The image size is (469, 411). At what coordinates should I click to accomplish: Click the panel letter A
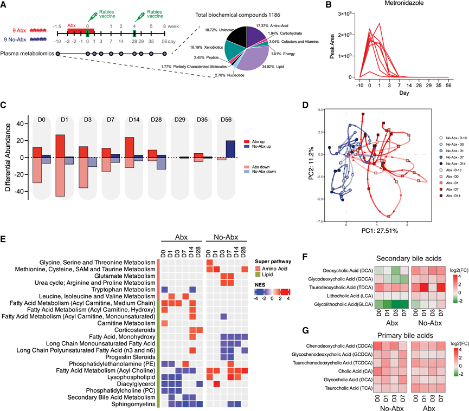(5, 6)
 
